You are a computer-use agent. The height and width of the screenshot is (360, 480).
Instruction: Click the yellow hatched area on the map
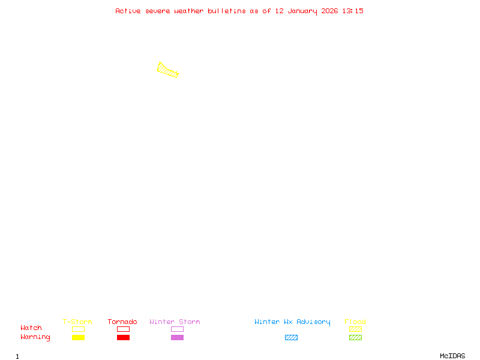coord(167,70)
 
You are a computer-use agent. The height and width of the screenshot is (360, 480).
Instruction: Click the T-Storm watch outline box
coord(78,329)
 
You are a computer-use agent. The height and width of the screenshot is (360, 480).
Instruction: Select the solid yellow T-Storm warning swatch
coord(78,337)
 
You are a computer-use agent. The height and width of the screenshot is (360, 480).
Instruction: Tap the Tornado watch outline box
coord(123,329)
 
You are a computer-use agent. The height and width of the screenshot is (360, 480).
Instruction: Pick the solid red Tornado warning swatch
coord(123,337)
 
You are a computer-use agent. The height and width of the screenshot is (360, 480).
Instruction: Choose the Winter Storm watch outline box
coord(177,329)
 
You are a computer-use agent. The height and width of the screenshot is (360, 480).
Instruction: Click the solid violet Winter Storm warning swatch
coord(177,337)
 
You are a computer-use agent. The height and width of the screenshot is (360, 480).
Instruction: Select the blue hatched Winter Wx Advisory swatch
coord(291,337)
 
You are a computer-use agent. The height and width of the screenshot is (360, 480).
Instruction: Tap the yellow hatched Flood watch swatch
coord(355,329)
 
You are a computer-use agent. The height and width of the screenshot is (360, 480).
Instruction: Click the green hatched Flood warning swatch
coord(355,337)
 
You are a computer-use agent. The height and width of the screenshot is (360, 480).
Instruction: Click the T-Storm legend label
coord(77,322)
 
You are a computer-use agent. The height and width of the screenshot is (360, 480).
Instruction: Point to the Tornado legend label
coord(122,322)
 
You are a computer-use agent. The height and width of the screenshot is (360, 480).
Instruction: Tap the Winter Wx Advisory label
coord(292,322)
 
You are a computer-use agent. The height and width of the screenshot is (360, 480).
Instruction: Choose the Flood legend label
coord(355,322)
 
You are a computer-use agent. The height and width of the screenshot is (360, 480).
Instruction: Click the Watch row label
coord(31,328)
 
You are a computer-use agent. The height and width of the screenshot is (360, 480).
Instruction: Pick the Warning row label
coord(35,337)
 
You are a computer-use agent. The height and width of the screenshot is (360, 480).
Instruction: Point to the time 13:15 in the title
coord(353,11)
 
